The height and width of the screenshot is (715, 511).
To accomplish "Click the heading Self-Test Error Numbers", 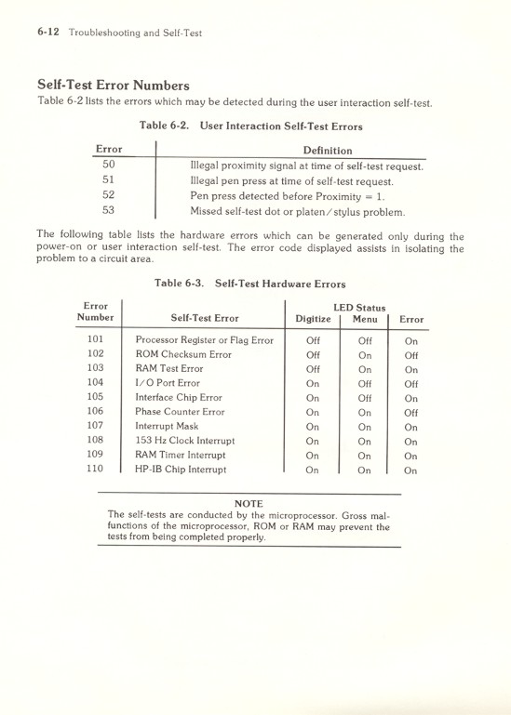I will pos(113,86).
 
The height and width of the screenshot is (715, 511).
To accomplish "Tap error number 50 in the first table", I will pos(107,165).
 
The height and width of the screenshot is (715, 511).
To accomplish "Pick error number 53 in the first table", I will pos(107,210).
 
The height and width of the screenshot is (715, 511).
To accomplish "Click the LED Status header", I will pos(357,308).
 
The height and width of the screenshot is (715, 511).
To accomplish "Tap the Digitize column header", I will pos(312,320).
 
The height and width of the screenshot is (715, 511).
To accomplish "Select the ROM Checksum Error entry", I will pos(182,354).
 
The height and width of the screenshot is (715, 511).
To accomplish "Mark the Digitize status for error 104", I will pos(312,383).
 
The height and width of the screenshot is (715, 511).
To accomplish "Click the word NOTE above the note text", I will pos(249,503).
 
